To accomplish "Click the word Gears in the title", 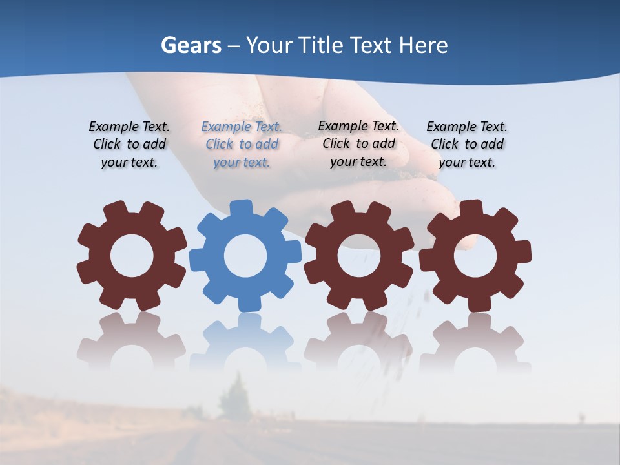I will [x=191, y=45].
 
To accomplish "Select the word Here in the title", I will [x=423, y=45].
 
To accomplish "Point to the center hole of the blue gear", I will [x=245, y=256].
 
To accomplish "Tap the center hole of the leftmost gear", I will [x=132, y=256].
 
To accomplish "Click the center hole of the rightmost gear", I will [x=475, y=256].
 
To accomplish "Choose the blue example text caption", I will [x=242, y=145].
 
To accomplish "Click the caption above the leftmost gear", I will [x=129, y=145].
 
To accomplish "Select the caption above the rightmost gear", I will [x=467, y=145].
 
